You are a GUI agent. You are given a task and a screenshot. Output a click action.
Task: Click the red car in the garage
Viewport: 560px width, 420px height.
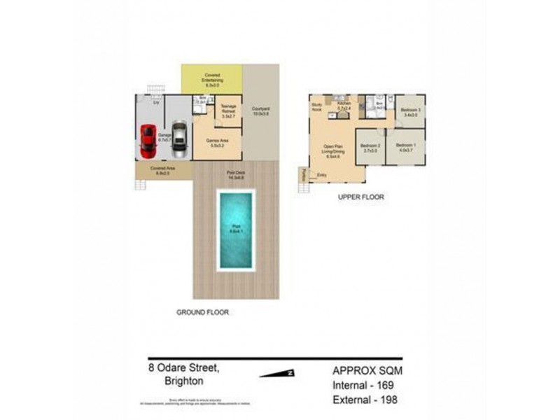(148, 141)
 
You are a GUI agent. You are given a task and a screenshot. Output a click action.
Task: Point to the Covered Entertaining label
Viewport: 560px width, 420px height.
(212, 77)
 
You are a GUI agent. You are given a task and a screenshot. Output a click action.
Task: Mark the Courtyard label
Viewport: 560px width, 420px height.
(261, 111)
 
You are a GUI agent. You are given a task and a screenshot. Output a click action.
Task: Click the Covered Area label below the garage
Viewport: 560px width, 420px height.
(162, 170)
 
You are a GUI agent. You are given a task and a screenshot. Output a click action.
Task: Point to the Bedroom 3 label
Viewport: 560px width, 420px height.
(410, 112)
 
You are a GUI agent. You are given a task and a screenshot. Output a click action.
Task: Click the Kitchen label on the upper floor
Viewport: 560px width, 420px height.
(343, 106)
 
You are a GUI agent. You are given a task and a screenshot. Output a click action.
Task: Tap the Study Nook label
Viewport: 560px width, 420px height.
(316, 108)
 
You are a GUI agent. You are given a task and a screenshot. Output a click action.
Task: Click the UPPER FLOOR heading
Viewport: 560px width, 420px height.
(360, 197)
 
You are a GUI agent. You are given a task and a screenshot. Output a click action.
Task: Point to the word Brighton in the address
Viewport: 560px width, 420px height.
(183, 381)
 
